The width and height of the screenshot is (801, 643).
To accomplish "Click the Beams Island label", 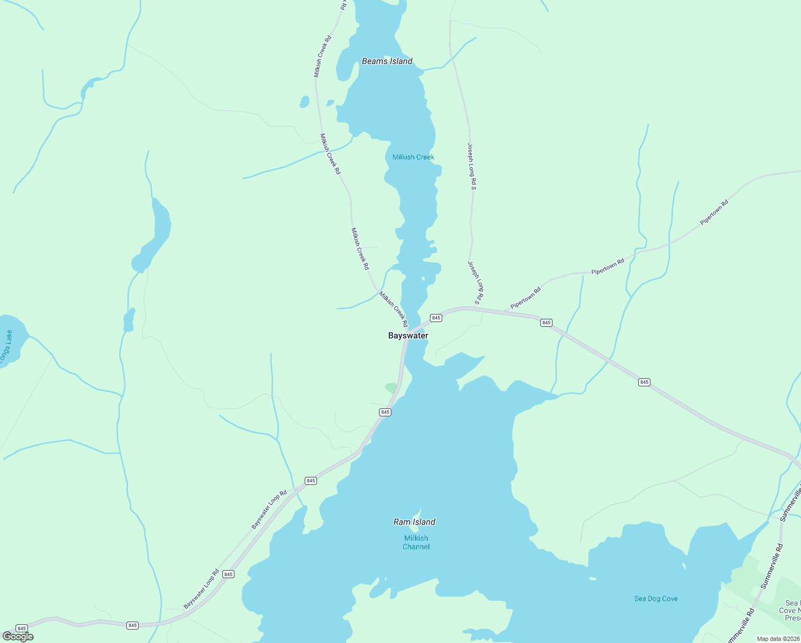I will click(387, 61).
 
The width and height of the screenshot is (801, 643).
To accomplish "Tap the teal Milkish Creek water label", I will click(413, 157).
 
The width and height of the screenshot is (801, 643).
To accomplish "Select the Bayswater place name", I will click(408, 335).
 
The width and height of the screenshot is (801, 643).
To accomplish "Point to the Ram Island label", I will click(414, 522).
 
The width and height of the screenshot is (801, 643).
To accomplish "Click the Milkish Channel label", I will click(416, 542).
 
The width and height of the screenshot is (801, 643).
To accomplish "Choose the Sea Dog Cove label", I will click(655, 599).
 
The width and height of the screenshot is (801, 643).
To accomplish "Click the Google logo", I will click(18, 637).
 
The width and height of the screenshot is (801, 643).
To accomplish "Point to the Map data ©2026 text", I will click(777, 639).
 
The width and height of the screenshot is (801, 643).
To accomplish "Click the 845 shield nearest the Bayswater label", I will click(436, 318).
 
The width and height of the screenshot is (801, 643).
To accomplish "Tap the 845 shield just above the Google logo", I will click(21, 628).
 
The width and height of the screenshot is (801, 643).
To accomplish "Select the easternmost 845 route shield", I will click(644, 382).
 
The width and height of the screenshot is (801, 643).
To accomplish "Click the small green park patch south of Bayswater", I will click(391, 387).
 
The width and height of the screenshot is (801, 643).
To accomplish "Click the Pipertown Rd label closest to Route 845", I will click(525, 298).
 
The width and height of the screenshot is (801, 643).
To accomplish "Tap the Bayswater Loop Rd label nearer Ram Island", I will click(269, 510).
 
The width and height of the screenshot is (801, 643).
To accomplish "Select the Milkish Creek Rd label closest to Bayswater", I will click(393, 309).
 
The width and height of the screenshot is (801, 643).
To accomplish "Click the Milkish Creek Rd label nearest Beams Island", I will click(323, 56).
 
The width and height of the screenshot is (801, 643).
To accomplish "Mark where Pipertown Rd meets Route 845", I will click(503, 310).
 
